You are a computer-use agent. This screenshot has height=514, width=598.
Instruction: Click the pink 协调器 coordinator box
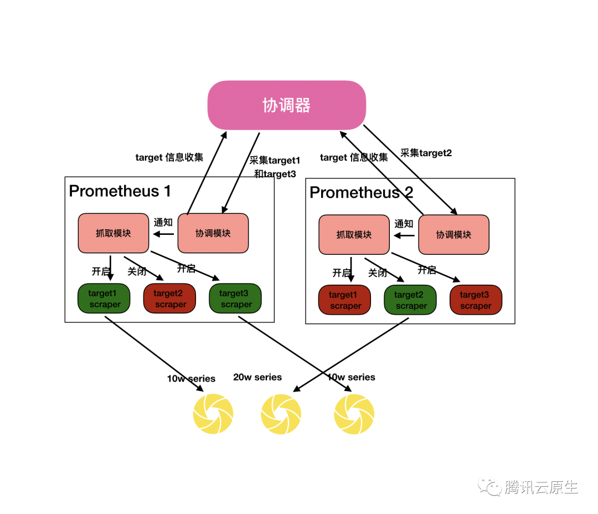(286, 105)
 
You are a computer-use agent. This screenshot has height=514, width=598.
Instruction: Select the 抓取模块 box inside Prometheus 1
(113, 233)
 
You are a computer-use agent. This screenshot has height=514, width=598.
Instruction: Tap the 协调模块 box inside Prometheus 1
(213, 233)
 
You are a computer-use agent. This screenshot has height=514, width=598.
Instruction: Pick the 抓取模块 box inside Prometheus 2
(354, 235)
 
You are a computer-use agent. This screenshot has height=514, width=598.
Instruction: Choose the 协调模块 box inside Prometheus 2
(453, 235)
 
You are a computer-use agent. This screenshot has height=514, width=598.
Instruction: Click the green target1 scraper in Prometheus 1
(104, 299)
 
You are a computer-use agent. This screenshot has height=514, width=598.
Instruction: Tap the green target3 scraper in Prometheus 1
(235, 299)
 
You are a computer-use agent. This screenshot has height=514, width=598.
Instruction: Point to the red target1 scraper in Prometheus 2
(344, 300)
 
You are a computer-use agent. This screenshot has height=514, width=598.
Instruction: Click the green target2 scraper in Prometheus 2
(410, 300)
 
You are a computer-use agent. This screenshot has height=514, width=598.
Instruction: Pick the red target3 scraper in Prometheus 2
(476, 300)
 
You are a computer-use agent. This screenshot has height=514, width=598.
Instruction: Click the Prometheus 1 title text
(120, 191)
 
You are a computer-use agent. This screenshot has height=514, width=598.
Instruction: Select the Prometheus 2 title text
(361, 193)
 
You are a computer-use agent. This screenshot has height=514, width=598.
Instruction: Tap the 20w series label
(257, 377)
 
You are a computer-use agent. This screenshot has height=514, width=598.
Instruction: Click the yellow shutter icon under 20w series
(281, 414)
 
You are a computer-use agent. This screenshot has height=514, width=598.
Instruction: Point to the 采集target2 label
(426, 153)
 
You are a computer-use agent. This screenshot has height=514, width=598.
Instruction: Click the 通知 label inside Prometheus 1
(163, 223)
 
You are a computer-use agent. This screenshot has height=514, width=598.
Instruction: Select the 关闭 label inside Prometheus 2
(378, 273)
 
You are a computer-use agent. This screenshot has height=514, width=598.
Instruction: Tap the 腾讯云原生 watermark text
(541, 487)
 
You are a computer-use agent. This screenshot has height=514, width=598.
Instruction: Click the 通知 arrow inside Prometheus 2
(404, 235)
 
